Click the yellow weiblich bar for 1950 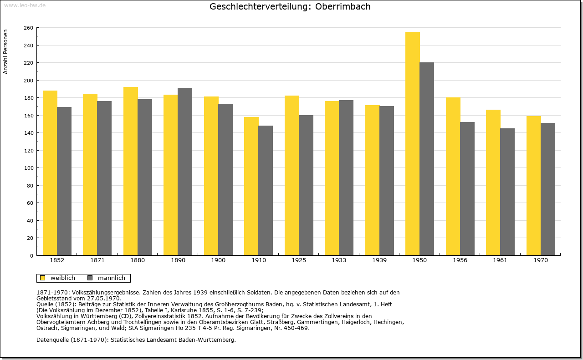point(413,143)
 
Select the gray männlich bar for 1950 point(427,159)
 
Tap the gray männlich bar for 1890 point(185,172)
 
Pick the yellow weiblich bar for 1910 point(251,186)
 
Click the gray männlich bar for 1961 point(507,192)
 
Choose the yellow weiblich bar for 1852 point(50,173)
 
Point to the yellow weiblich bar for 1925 point(292,176)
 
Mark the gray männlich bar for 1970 point(548,189)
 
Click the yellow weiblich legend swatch point(42,278)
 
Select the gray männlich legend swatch point(90,278)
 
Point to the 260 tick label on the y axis point(28,28)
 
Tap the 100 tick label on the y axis point(28,168)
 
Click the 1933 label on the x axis point(339,260)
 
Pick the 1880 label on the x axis point(138,260)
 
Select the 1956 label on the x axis point(460,260)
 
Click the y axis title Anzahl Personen point(5,52)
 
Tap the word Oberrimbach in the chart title point(343,6)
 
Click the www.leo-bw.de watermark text point(25,5)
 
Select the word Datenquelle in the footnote point(52,340)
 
